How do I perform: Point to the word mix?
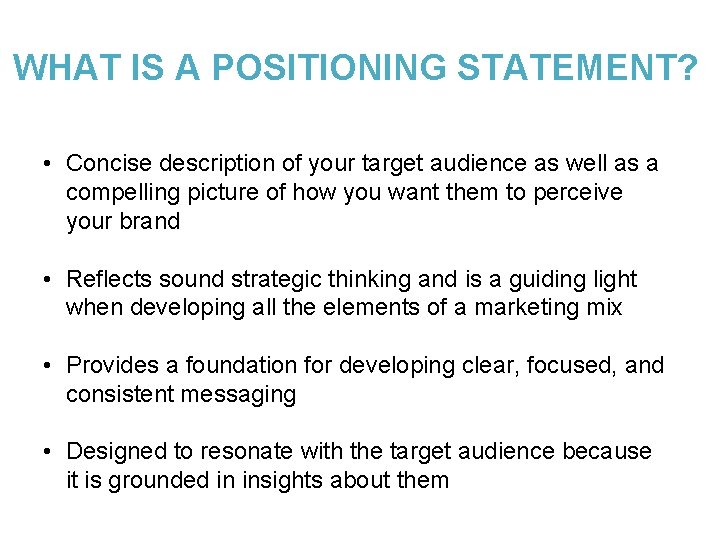602,308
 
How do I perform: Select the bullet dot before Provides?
48,366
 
